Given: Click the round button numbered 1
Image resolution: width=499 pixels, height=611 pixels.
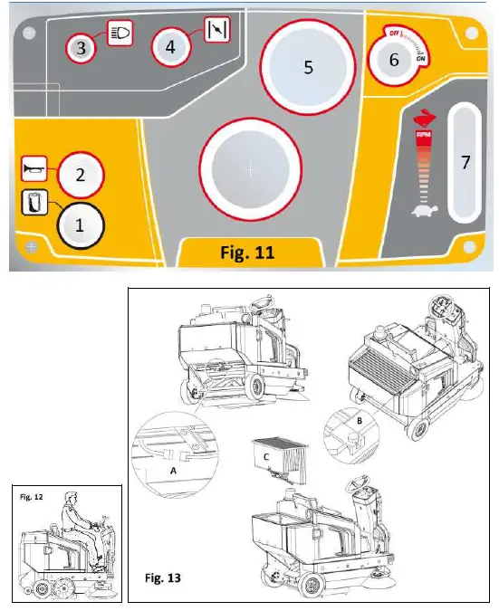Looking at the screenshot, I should point(80,227).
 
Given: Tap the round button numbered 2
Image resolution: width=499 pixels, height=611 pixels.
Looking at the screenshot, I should point(80,175).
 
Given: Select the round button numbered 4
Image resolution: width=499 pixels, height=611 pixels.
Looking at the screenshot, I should point(170,48).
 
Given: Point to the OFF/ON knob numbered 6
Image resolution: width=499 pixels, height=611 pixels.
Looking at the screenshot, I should point(394,61).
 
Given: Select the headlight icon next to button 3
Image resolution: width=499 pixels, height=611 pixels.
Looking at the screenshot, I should point(120,33).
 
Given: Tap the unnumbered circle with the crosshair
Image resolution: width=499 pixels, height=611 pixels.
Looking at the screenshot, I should point(251,169).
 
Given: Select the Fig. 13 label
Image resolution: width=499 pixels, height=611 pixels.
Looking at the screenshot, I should point(165,576).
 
